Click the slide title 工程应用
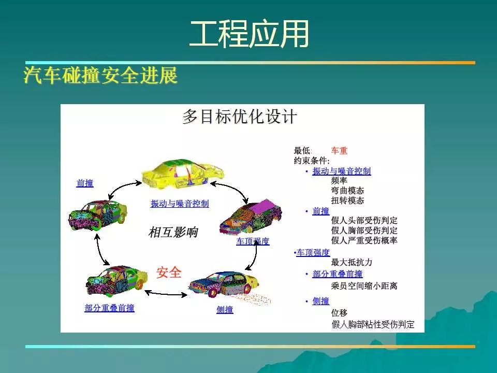pyautogui.click(x=249, y=34)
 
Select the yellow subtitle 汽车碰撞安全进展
pyautogui.click(x=100, y=76)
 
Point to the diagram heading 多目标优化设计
pyautogui.click(x=240, y=117)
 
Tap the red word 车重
pyautogui.click(x=339, y=151)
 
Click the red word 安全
pyautogui.click(x=169, y=272)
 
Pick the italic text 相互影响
pyautogui.click(x=173, y=232)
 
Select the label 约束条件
pyautogui.click(x=312, y=161)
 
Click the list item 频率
pyautogui.click(x=339, y=180)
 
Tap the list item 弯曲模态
pyautogui.click(x=347, y=191)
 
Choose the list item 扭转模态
pyautogui.click(x=347, y=200)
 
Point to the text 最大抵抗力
pyautogui.click(x=352, y=262)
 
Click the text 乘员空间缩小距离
pyautogui.click(x=364, y=286)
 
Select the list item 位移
pyautogui.click(x=339, y=313)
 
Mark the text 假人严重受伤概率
pyautogui.click(x=364, y=240)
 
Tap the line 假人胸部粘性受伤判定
pyautogui.click(x=373, y=324)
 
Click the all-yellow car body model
pyautogui.click(x=183, y=174)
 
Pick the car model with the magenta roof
pyautogui.click(x=251, y=217)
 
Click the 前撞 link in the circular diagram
pyautogui.click(x=85, y=183)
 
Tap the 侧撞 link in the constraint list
pyautogui.click(x=321, y=300)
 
